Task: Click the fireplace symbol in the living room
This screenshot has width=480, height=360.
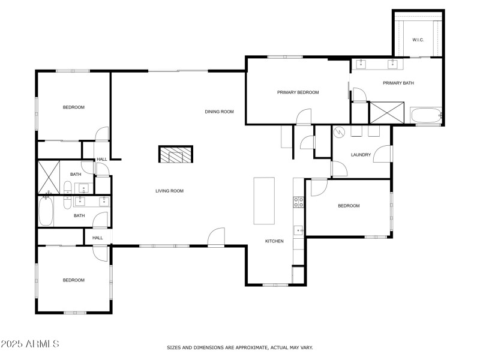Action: click(176, 155)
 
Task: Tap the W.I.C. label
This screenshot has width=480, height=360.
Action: click(418, 40)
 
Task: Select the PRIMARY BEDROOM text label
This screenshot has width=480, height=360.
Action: click(298, 92)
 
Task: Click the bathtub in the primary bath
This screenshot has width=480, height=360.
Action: click(425, 115)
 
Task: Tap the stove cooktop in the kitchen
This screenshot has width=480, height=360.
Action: click(298, 202)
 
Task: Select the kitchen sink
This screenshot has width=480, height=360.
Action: click(298, 230)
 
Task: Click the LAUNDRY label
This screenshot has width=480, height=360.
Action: click(361, 155)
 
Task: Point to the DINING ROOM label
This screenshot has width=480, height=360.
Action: click(219, 112)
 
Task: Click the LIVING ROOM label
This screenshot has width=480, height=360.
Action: click(169, 191)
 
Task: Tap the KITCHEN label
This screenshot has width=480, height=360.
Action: click(274, 241)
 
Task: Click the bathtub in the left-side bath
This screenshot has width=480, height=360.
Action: click(46, 212)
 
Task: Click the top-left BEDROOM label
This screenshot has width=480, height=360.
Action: click(74, 107)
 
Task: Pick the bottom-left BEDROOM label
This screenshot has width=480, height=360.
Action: click(74, 280)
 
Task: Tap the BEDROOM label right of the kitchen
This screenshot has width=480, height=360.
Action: click(349, 206)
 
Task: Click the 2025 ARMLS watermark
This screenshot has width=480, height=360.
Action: click(30, 344)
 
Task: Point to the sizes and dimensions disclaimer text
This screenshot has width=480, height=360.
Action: click(239, 347)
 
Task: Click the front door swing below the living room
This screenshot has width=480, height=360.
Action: click(216, 237)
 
